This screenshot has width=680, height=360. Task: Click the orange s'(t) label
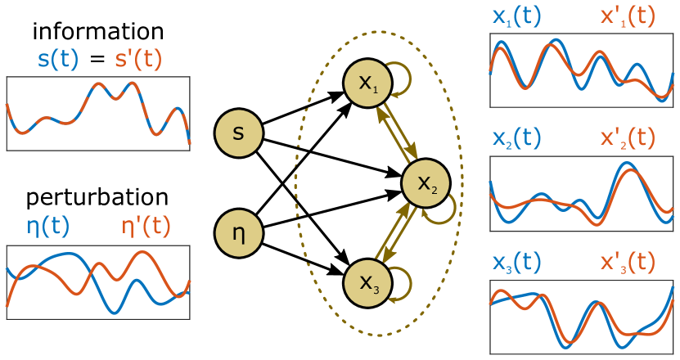click(x=138, y=60)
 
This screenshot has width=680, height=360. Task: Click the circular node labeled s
click(x=239, y=133)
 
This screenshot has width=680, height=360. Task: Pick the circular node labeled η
click(x=239, y=234)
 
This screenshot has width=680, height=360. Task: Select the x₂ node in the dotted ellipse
click(x=426, y=183)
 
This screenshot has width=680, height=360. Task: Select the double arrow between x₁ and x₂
click(x=397, y=133)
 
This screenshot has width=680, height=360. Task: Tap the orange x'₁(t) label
click(x=628, y=18)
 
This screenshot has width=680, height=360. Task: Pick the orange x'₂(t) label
click(x=628, y=138)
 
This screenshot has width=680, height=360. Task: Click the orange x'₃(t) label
click(x=628, y=262)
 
